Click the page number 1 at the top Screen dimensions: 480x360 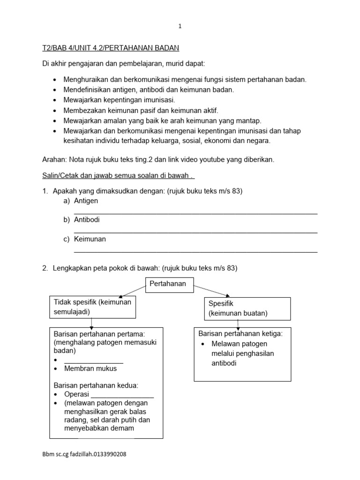[x=180, y=27]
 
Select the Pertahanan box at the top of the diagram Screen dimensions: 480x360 [x=168, y=284]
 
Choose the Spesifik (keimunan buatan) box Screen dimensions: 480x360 [x=247, y=308]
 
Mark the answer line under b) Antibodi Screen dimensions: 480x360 [x=195, y=232]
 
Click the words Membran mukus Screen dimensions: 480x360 [x=90, y=368]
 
